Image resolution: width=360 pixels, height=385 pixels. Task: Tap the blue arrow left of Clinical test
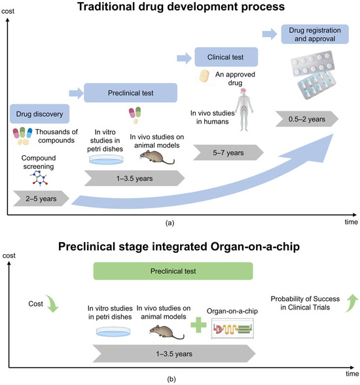tap(183, 58)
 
